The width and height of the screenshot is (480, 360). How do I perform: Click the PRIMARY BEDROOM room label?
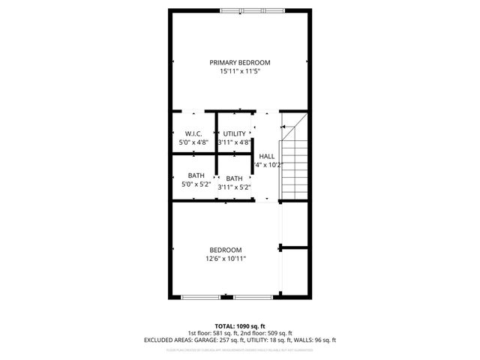[239, 62]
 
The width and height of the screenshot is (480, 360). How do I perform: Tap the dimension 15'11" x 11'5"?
[239, 71]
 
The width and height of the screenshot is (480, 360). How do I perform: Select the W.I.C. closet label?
[193, 133]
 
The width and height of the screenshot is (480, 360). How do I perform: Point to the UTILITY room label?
[234, 133]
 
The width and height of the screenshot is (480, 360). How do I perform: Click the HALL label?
[267, 156]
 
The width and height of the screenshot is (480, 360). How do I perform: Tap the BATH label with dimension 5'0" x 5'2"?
[196, 175]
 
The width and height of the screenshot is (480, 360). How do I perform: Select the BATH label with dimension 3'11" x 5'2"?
[234, 178]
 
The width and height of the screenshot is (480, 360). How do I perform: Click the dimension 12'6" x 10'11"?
[226, 259]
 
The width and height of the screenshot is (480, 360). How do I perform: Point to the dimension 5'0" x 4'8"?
[193, 142]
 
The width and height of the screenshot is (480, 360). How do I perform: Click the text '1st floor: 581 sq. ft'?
[213, 333]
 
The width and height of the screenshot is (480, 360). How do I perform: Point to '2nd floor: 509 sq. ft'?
[267, 333]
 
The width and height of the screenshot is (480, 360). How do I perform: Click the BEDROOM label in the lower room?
[226, 250]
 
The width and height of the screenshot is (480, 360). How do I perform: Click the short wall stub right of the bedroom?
[294, 246]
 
